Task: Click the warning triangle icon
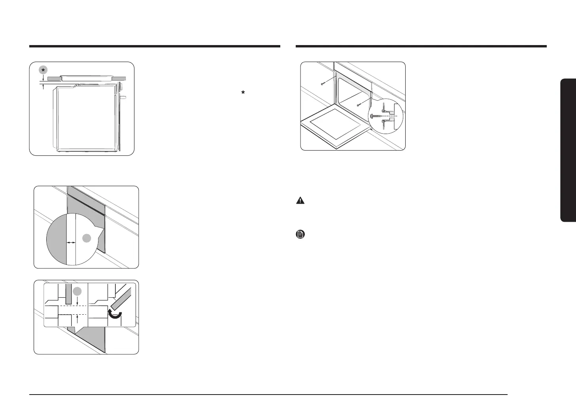coord(300,200)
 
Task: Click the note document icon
coord(300,235)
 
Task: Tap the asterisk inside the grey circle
coord(43,70)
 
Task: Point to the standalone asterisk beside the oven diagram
coord(243,93)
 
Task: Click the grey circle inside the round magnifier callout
coord(87,238)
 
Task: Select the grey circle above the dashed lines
coord(77,291)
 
